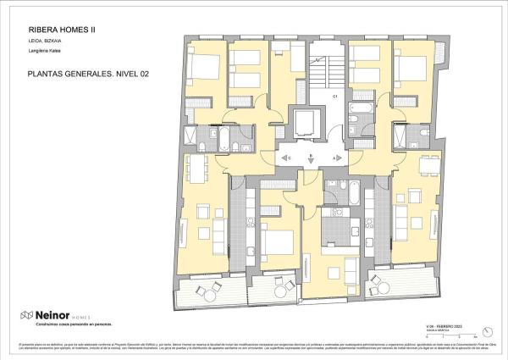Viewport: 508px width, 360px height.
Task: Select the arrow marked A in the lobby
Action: tap(336, 158)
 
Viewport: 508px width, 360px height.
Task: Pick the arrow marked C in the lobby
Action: tap(285, 158)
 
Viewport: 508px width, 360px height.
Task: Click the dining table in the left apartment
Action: tap(200, 168)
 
